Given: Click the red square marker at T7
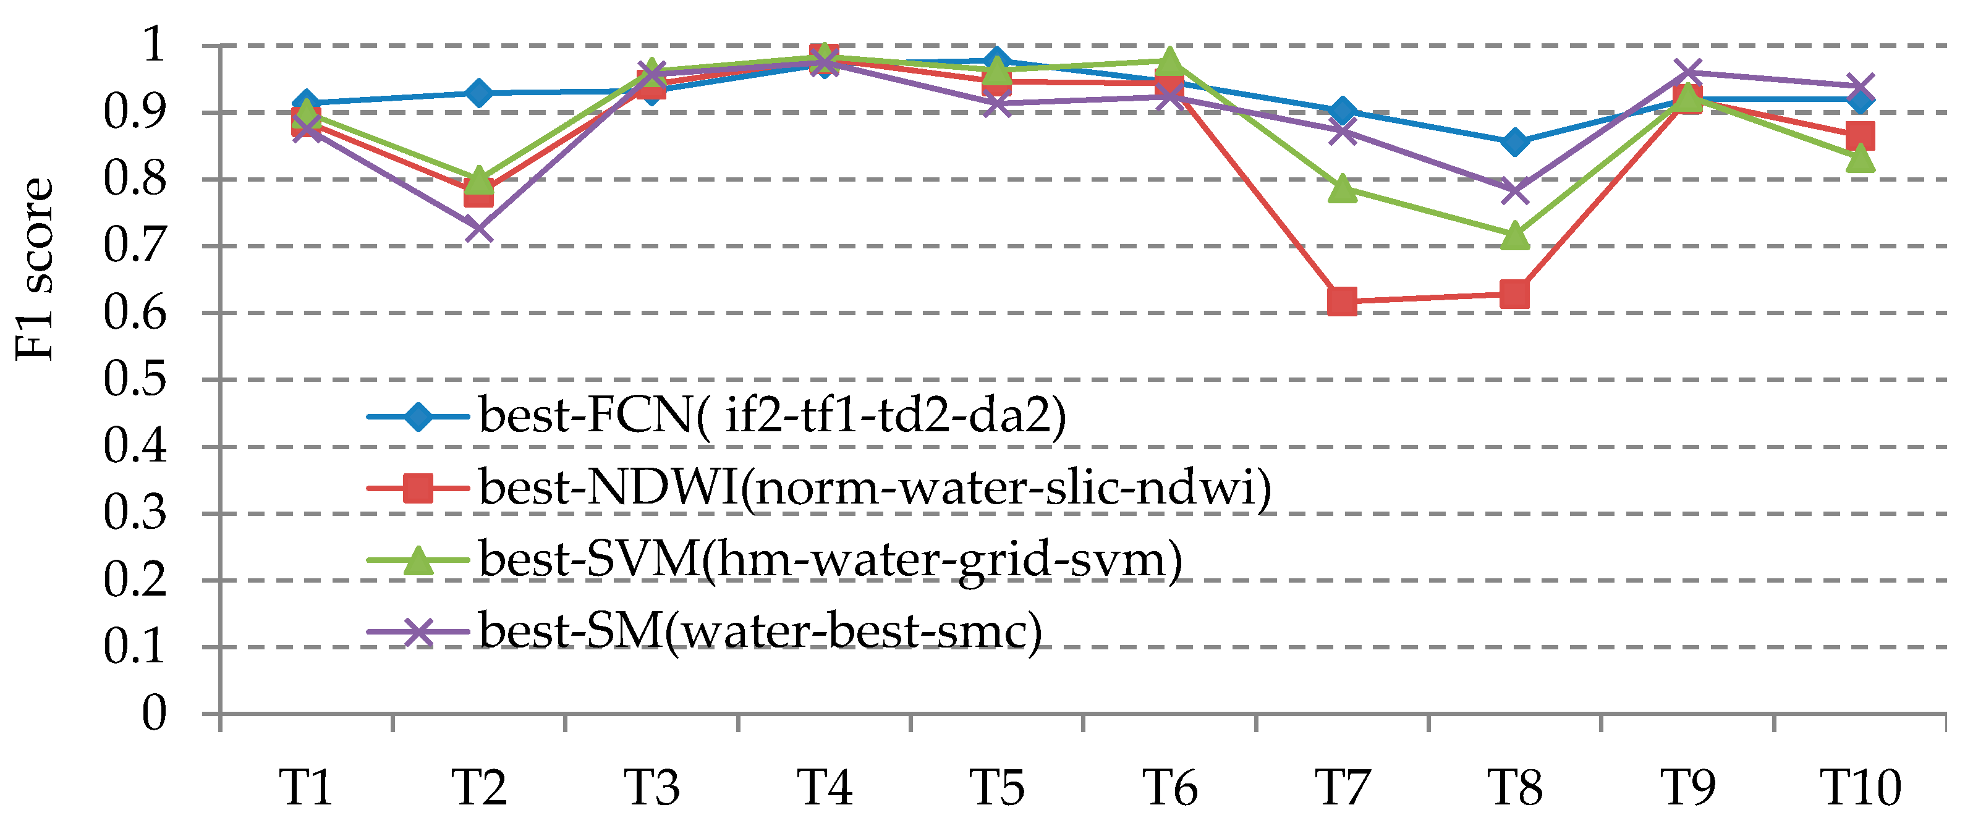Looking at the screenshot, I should click(1343, 302).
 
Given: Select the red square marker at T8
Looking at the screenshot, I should click(1515, 293).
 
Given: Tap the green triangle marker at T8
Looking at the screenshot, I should click(1515, 236).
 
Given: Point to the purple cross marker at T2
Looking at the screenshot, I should click(479, 229).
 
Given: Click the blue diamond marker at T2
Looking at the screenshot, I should click(479, 93).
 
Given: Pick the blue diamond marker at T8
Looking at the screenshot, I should click(1515, 142).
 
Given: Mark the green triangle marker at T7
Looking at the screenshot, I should click(1343, 188).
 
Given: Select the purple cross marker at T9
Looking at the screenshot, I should click(1687, 74).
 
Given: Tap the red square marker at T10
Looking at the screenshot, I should click(1861, 137).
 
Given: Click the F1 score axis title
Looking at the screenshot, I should click(35, 270).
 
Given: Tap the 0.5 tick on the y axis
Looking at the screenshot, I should click(135, 379).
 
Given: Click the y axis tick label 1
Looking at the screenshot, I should click(154, 44).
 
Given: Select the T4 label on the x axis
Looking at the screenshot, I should click(824, 788).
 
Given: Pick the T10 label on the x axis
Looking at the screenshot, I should click(1861, 788).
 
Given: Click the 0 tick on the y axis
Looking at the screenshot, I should click(154, 713).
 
